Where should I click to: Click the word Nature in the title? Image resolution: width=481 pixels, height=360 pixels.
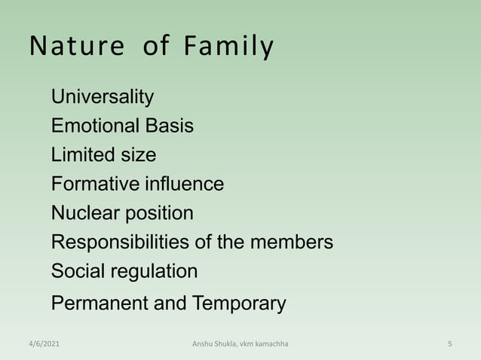point(77,47)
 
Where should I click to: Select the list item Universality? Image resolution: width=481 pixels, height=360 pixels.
point(103,97)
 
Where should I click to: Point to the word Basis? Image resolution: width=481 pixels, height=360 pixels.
point(170,126)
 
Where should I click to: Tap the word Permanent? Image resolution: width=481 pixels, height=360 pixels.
point(99,304)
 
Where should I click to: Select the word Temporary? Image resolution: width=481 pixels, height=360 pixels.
point(239,304)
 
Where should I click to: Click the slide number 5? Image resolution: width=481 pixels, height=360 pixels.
point(449,344)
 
